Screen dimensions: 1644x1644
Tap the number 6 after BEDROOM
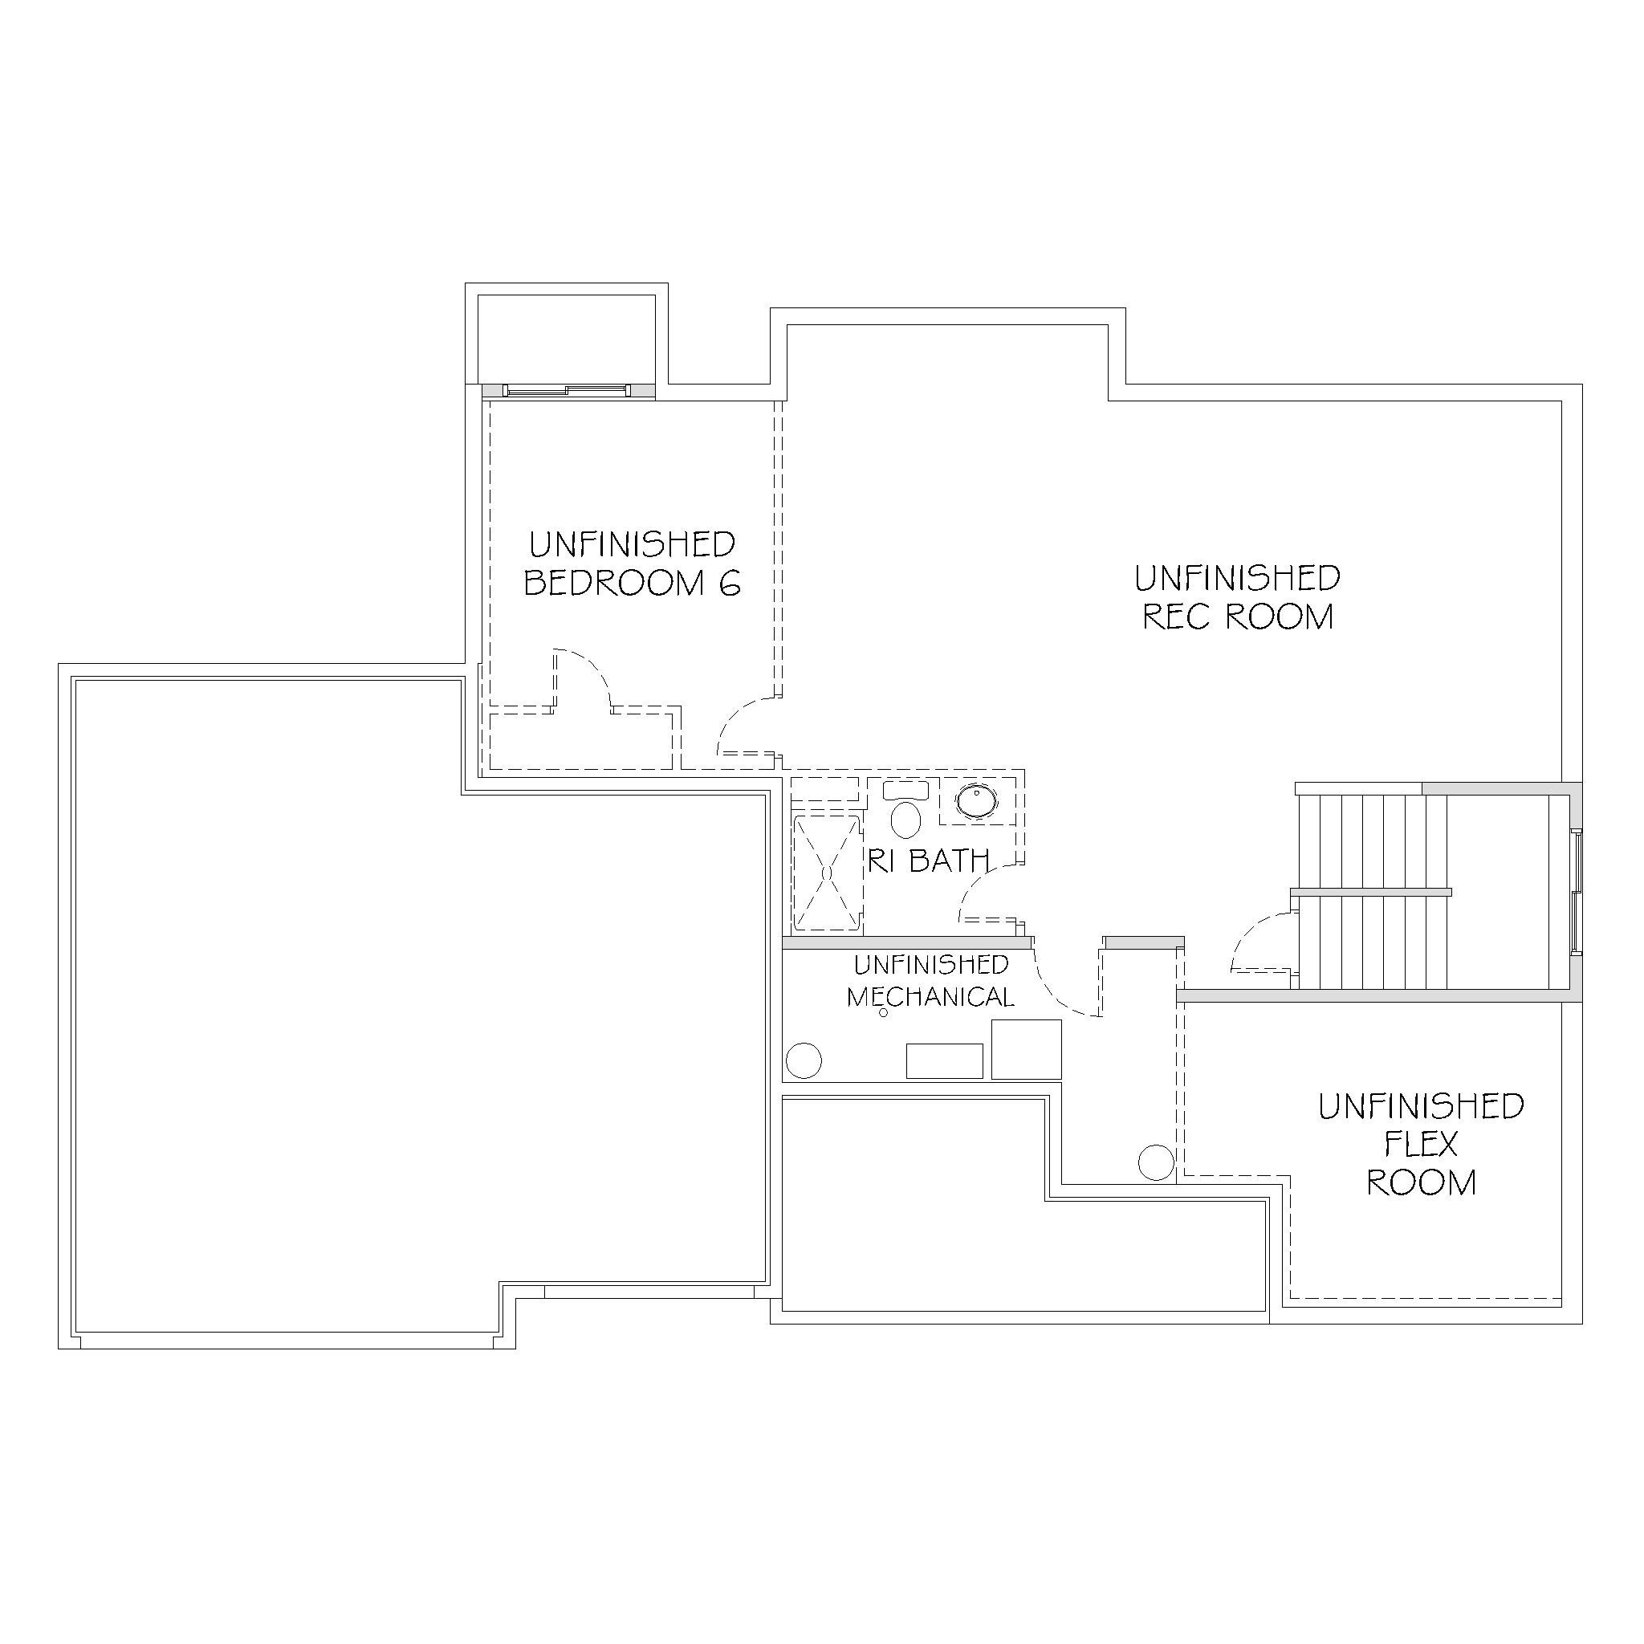[x=730, y=583]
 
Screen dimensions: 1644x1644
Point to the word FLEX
[x=1421, y=1145]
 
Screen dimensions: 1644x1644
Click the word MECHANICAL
[x=930, y=996]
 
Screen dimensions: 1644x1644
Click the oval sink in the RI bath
[x=976, y=800]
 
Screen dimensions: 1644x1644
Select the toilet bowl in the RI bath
[x=905, y=820]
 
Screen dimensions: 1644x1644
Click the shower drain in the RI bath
[x=827, y=873]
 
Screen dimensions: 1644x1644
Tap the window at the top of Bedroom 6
[x=567, y=391]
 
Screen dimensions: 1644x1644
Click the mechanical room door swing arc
[x=1055, y=991]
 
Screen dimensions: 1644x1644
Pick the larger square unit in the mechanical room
[x=1026, y=1049]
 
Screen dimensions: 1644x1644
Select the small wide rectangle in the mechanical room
[x=945, y=1061]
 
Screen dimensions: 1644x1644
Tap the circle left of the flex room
[x=1156, y=1162]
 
